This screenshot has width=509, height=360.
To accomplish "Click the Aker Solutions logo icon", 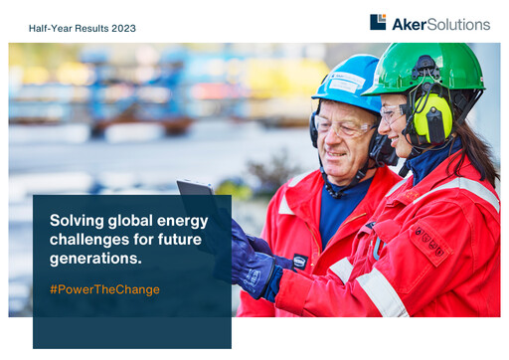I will (x=378, y=22).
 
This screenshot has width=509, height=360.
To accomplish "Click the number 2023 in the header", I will (x=121, y=28).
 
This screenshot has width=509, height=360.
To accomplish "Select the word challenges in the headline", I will (x=91, y=240).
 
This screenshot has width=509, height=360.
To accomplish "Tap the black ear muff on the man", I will (x=379, y=147).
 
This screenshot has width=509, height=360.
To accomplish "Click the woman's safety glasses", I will (x=394, y=112).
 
